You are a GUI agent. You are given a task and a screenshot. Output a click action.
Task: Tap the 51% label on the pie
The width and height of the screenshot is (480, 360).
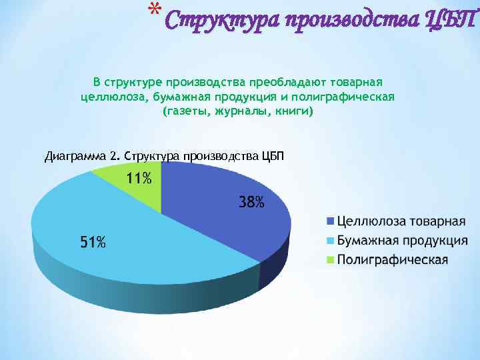93,243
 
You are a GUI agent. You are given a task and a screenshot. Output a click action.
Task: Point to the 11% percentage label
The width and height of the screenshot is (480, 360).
139,178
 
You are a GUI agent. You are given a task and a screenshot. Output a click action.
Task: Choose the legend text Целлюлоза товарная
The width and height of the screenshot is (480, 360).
401,221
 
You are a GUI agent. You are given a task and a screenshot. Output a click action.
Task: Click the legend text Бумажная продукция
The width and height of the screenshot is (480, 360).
402,241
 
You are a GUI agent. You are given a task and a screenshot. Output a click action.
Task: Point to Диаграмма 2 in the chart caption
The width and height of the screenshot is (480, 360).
82,157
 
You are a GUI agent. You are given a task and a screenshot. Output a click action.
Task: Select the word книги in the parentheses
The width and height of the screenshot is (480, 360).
291,112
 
